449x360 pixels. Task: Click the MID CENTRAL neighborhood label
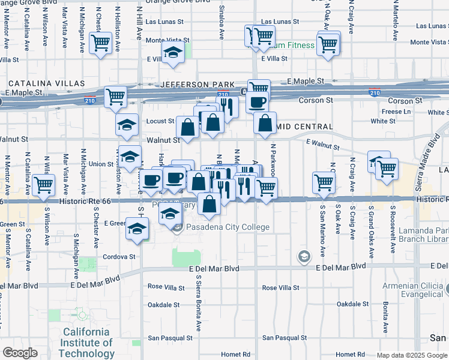tap(304, 127)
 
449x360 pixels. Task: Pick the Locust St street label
tap(160, 121)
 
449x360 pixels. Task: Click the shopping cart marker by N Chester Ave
tap(100, 43)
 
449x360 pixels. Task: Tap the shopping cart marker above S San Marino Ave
tap(324, 182)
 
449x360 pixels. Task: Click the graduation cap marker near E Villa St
tap(172, 53)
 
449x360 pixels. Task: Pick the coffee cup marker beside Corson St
tap(258, 102)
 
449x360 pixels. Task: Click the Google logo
tap(20, 353)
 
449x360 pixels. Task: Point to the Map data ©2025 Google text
tap(411, 355)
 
